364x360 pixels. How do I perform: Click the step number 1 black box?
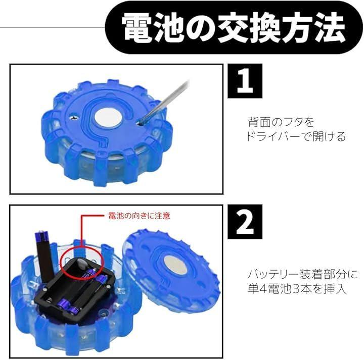pos(245,81)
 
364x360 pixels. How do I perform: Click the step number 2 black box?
pos(245,222)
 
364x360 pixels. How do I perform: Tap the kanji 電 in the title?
pos(136,27)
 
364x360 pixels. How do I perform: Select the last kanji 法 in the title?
pos(330,27)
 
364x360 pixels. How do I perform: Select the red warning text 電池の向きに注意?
pos(139,216)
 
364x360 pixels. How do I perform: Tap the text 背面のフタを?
pos(281,122)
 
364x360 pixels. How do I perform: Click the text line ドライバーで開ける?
pos(296,137)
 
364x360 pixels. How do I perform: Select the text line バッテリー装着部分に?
pos(302,275)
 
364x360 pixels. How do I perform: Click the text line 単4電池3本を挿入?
pos(297,289)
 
